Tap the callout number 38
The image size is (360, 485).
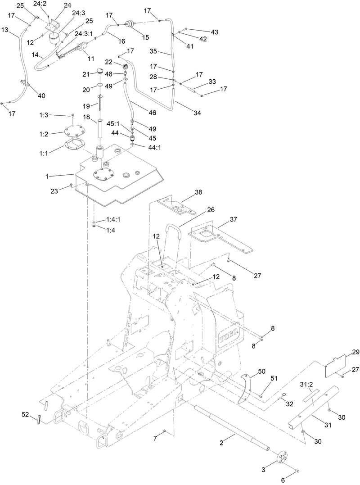[198, 192]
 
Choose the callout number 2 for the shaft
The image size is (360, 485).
[222, 443]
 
